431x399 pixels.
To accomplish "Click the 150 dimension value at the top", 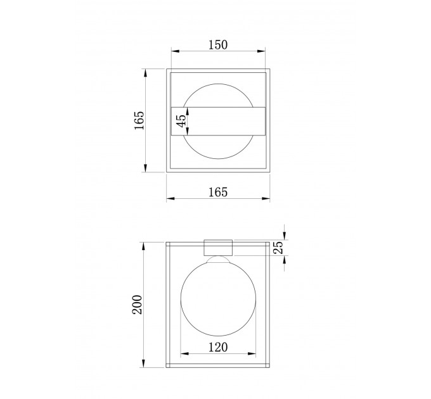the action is [218, 45].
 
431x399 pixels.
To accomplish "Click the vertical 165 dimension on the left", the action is [139, 120].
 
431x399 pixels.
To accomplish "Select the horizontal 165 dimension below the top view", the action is [218, 193].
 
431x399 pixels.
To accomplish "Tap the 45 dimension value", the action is [181, 121].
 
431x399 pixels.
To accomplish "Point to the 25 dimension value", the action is [278, 248].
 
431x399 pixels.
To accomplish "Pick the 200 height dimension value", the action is [138, 305].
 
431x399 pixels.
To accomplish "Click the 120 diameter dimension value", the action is [218, 347].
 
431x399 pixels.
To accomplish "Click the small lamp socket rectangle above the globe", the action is [218, 248].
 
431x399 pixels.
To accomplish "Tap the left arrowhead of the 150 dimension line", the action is [175, 51].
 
